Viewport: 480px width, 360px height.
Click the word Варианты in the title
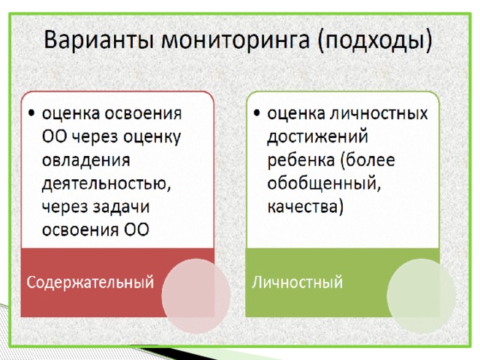click(98, 40)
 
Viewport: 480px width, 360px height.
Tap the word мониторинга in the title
click(235, 40)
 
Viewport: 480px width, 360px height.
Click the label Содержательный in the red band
click(90, 282)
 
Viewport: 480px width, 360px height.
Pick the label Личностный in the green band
click(297, 282)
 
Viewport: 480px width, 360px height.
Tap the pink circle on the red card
click(196, 296)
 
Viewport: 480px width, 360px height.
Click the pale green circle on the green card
click(421, 296)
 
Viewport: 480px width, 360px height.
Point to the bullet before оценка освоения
click(31, 113)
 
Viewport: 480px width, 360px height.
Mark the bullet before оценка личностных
click(256, 113)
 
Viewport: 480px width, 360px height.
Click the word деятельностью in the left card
click(106, 183)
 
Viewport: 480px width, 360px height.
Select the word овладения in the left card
click(86, 160)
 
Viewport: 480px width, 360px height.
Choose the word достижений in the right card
click(317, 136)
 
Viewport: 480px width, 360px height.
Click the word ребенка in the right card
click(301, 160)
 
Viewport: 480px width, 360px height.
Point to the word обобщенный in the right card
click(324, 183)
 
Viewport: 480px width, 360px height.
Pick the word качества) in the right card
click(305, 207)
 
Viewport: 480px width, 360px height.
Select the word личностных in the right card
click(379, 113)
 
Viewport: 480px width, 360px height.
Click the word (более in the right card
click(367, 160)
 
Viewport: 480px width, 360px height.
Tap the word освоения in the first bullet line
click(143, 114)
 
